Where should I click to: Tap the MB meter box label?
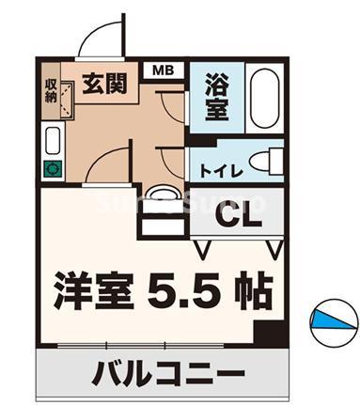[x=163, y=69]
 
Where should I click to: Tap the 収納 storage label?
[x=51, y=90]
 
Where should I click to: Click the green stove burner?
[x=52, y=170]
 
